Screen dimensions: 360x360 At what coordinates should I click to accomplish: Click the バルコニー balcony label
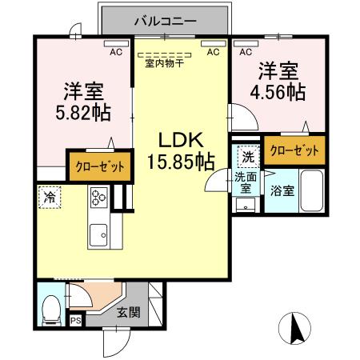click(x=166, y=22)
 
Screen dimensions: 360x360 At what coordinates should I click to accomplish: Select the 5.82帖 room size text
click(x=83, y=113)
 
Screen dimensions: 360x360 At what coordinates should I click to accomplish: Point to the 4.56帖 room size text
click(x=278, y=92)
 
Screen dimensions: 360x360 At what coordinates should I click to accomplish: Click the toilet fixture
click(x=52, y=310)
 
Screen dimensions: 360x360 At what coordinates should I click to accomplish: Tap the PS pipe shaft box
click(x=76, y=320)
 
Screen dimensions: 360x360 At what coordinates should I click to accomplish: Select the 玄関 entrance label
click(x=129, y=312)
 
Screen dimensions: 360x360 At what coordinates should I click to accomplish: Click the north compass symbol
click(x=294, y=328)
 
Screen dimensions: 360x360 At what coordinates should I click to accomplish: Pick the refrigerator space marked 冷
click(x=50, y=198)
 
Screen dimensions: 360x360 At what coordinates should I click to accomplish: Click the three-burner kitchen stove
click(x=99, y=198)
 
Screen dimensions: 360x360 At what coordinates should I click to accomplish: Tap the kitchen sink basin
click(x=98, y=235)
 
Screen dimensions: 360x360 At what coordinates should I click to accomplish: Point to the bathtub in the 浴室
click(x=312, y=190)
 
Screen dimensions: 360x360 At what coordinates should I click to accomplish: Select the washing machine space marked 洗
click(x=248, y=157)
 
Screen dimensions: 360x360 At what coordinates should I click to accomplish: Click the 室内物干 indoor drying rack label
click(x=165, y=63)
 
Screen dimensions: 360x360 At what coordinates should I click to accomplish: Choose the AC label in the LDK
click(x=213, y=52)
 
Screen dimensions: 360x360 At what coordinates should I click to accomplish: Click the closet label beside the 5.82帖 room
click(x=100, y=166)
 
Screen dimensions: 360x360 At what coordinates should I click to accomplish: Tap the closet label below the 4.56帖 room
click(x=294, y=150)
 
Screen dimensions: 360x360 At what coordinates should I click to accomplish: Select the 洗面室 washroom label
click(x=246, y=182)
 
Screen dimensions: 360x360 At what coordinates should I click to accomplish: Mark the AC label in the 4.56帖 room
click(x=246, y=52)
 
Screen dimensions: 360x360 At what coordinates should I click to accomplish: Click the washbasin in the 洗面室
click(x=246, y=205)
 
